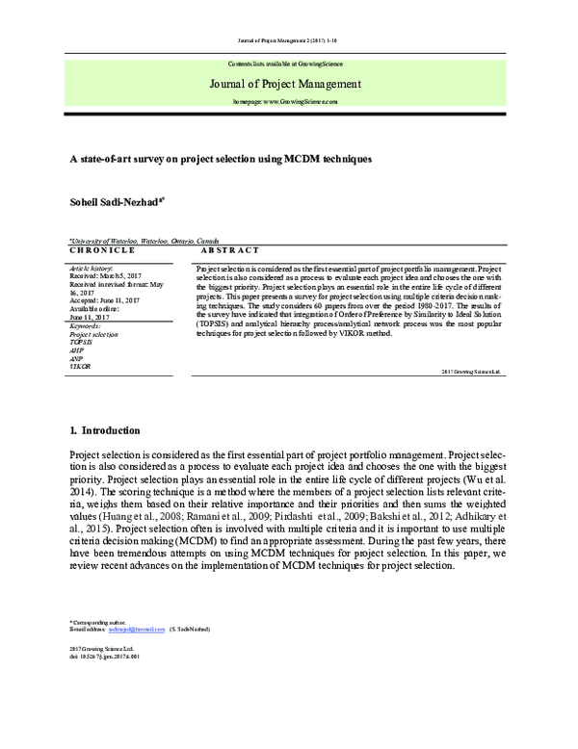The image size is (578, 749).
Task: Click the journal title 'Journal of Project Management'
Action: click(x=284, y=83)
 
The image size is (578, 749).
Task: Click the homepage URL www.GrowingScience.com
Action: click(x=286, y=101)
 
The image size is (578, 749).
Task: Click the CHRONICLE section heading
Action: click(x=101, y=250)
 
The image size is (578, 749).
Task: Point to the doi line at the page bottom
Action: click(x=106, y=658)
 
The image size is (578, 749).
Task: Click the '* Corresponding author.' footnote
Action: click(x=99, y=621)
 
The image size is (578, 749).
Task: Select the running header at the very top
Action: click(x=286, y=40)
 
